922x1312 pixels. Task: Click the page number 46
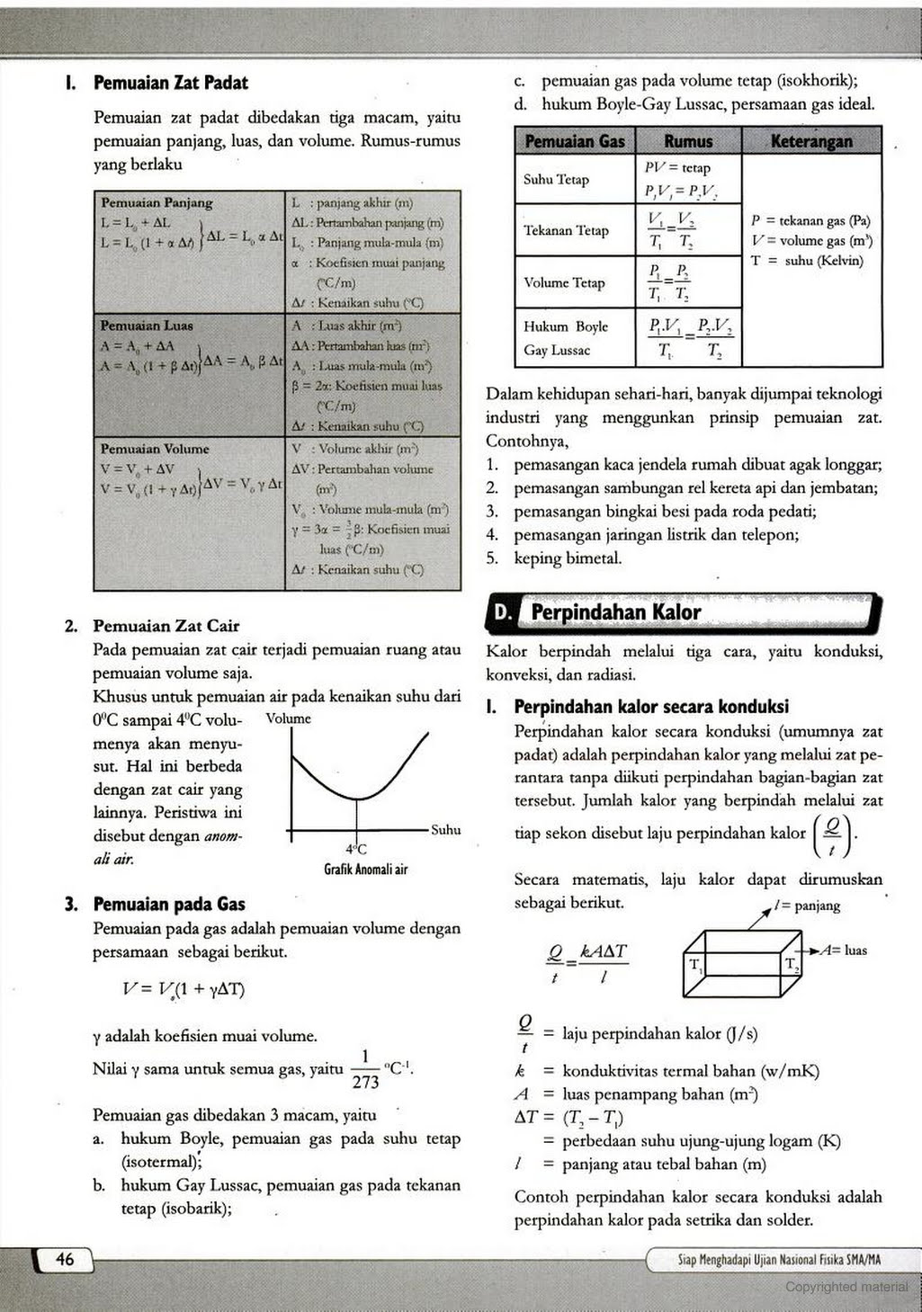(65, 1260)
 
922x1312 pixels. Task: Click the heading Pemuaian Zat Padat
(170, 83)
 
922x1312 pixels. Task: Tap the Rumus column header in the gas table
(688, 141)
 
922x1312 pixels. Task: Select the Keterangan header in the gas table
(811, 141)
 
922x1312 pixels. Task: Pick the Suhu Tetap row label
(556, 180)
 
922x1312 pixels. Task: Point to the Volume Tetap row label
(564, 283)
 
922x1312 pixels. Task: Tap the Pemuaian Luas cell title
(147, 326)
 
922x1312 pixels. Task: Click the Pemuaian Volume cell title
(155, 449)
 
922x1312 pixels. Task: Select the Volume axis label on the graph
(288, 719)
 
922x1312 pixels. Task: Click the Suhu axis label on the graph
(445, 830)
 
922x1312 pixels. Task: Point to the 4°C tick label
(356, 849)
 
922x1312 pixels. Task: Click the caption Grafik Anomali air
(365, 870)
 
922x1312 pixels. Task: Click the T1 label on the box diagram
(696, 966)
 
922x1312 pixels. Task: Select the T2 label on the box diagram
(792, 966)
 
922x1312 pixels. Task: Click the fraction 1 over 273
(365, 1070)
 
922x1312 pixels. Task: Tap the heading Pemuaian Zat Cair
(166, 626)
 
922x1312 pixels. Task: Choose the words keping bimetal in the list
(568, 558)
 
